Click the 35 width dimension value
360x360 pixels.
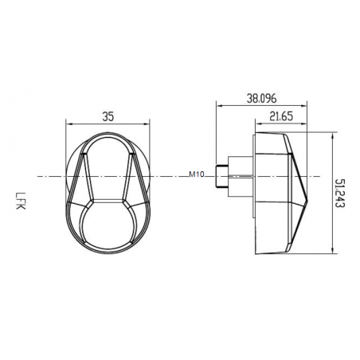tap(108, 115)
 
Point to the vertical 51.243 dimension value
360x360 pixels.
tap(341, 193)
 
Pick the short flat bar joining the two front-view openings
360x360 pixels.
tap(108, 198)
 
